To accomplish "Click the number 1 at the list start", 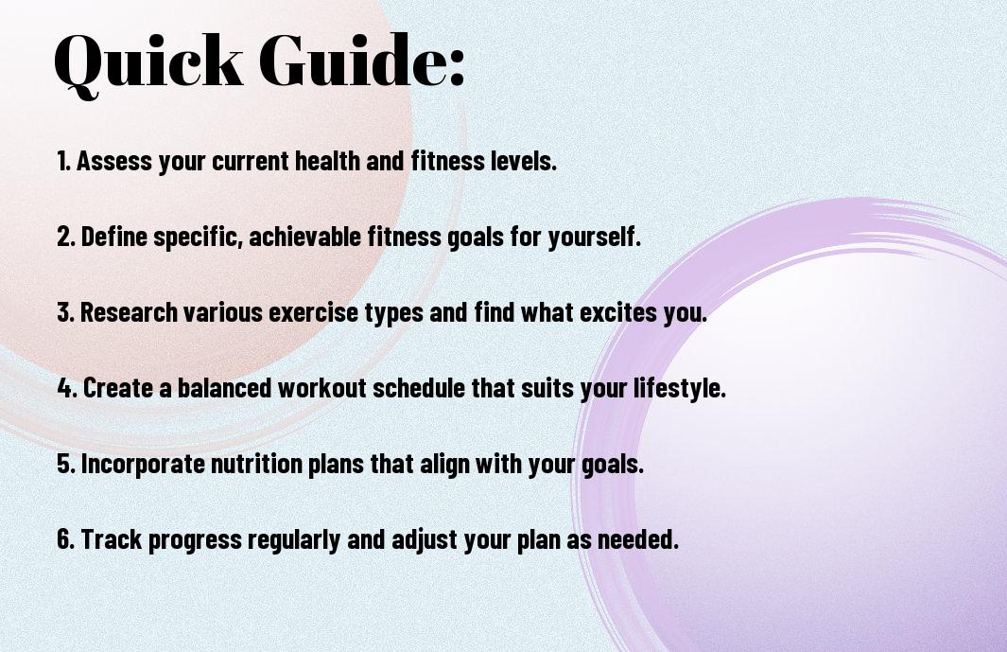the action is pos(62,161).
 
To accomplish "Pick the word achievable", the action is pos(305,237).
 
